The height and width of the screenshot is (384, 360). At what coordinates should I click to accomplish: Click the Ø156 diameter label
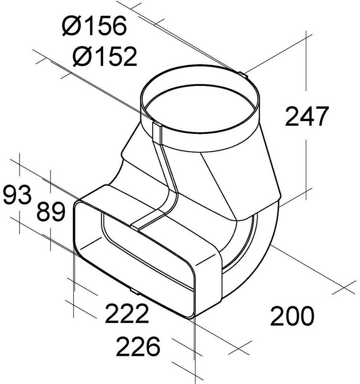coord(94,26)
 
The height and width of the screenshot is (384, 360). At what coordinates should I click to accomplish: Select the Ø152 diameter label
coord(105,56)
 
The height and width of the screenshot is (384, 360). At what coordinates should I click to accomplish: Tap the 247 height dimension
coord(307,116)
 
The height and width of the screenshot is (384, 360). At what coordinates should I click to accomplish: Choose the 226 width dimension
coord(138,346)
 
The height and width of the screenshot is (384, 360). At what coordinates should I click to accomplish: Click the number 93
coord(18,195)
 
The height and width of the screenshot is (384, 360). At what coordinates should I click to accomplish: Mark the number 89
coord(51,212)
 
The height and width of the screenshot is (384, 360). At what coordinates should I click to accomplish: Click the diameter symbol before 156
coord(72,26)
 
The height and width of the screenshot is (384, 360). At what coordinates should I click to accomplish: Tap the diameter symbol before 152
coord(82,56)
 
